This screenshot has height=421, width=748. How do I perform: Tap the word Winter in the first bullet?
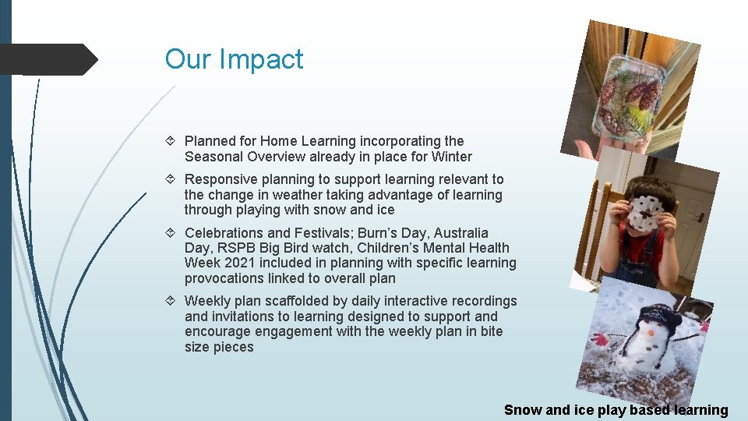[x=452, y=157]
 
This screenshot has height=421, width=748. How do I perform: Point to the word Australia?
[x=461, y=233]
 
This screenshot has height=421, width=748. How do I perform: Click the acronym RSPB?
[x=232, y=248]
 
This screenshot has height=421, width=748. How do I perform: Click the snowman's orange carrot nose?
[x=648, y=333]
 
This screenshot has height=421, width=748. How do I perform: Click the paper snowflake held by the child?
[x=644, y=213]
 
